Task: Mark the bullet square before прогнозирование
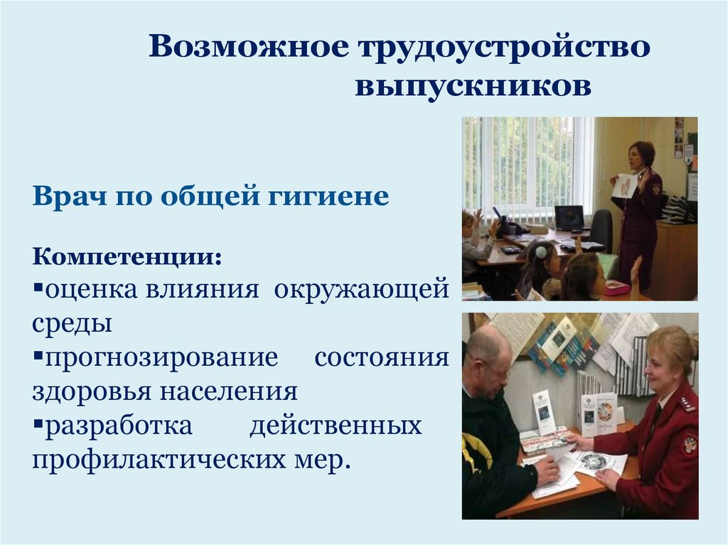click(36, 357)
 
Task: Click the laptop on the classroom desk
click(569, 217)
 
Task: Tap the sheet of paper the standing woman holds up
click(625, 185)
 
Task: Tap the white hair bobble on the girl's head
click(541, 252)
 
